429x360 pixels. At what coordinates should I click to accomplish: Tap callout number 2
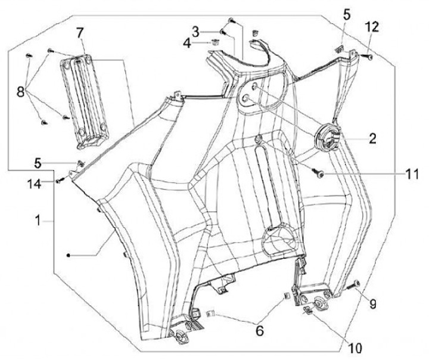(372, 139)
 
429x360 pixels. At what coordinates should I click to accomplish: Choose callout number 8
(21, 92)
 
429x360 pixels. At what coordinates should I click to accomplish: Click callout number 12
(372, 27)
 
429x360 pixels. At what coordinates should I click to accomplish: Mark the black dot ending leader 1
(69, 255)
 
